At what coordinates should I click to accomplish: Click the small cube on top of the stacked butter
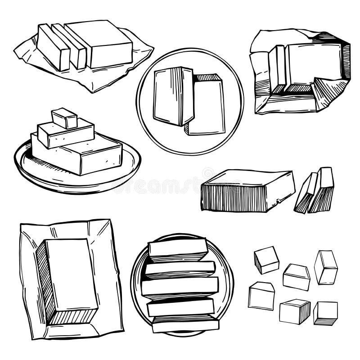pos(64,118)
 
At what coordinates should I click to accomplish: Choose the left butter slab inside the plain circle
pos(172,95)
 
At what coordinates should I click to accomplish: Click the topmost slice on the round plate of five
pos(178,249)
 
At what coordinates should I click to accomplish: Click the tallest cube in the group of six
pos(326,267)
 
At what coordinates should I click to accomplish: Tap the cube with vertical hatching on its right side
pos(295,310)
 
